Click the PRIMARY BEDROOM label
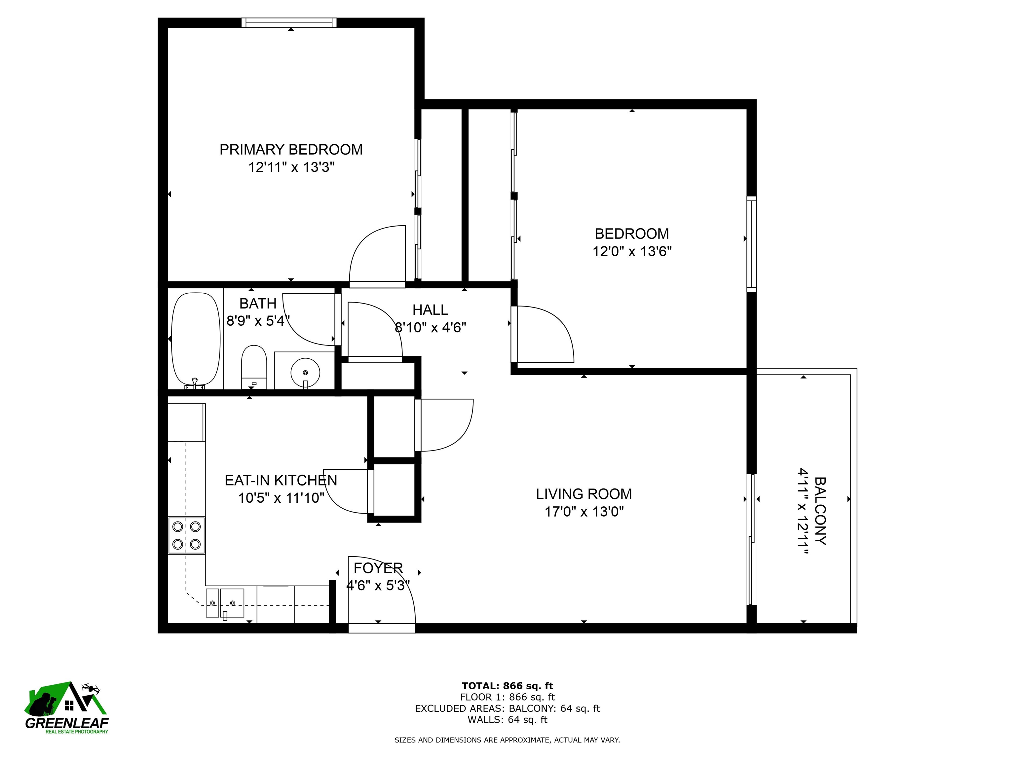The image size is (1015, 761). pos(291,150)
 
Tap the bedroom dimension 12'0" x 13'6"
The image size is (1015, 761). pos(632,251)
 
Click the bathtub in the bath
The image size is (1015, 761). pos(196,340)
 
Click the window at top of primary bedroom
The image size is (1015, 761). pos(289,22)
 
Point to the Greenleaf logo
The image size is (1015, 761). pos(66,707)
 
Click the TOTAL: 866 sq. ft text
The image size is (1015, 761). pos(507,686)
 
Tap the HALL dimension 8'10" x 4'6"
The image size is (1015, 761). pos(431,328)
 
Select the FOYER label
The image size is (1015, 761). pos(378,568)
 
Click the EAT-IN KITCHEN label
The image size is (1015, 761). pos(281,480)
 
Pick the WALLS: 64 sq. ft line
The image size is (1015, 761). pos(507,720)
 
